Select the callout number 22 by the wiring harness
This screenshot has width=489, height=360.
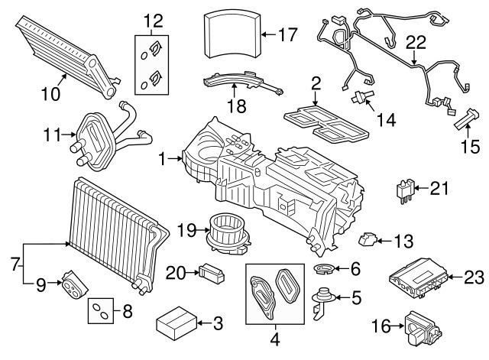415,44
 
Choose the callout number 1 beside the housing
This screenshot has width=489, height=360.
161,160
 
